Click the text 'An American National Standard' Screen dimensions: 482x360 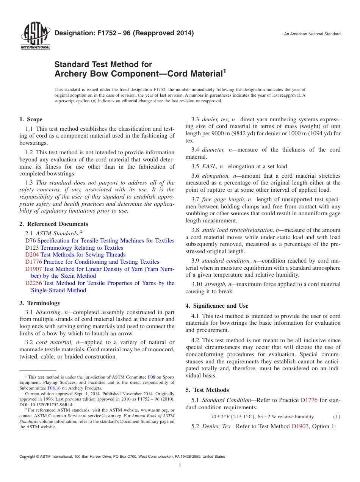point(312,34)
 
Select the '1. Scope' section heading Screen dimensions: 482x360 point(31,119)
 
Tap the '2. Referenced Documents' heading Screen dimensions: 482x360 point(54,224)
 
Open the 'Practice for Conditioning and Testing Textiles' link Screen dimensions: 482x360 point(101,262)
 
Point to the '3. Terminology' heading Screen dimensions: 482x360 point(40,303)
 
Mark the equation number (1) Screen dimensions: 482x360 point(336,417)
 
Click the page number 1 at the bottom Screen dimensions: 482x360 point(180,466)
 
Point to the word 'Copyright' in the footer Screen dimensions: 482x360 point(28,457)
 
